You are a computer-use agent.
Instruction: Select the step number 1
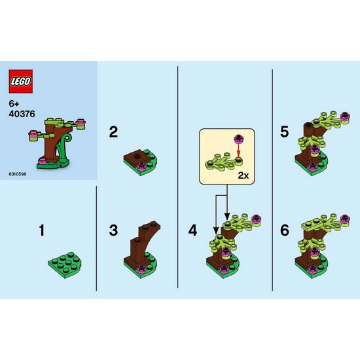[42, 230]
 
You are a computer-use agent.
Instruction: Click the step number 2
[113, 132]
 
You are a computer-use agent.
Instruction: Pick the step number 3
[113, 230]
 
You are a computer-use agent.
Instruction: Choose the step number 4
[192, 230]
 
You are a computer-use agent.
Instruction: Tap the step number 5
[284, 132]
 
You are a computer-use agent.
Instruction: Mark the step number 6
[284, 230]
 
